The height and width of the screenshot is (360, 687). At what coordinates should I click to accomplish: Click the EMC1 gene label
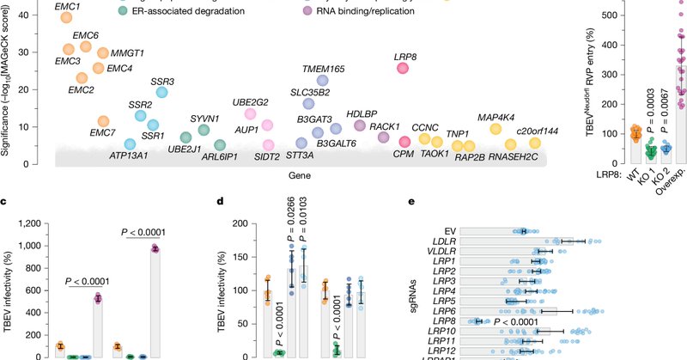[67, 7]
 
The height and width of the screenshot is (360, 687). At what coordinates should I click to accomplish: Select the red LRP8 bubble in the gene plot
[402, 69]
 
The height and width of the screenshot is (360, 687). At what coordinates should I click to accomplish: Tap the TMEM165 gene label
[324, 68]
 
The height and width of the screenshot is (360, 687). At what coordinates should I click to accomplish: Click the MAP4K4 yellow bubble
[495, 129]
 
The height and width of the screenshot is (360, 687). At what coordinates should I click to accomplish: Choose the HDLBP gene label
[362, 113]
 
